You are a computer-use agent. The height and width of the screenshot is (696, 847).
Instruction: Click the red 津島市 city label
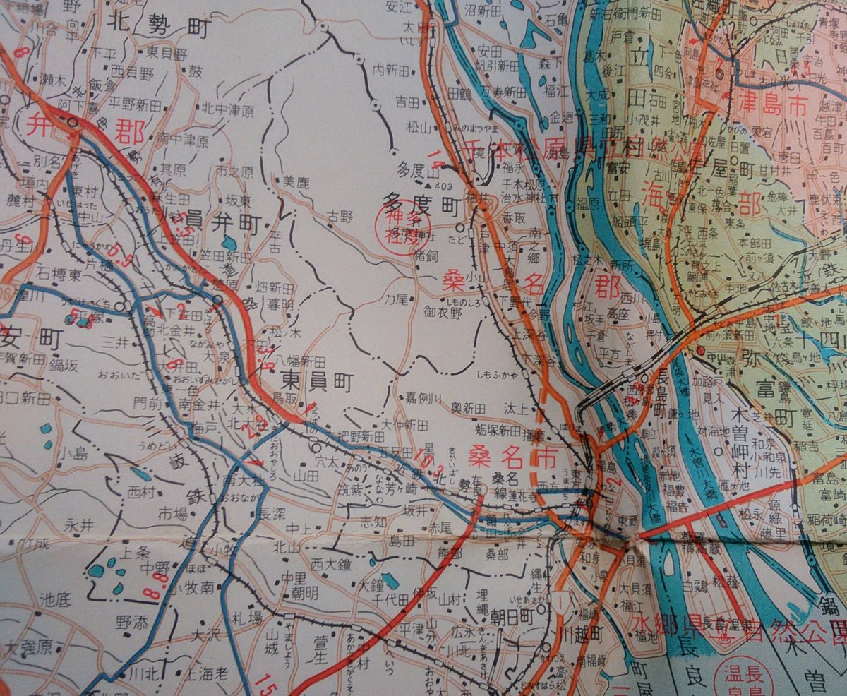776,106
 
